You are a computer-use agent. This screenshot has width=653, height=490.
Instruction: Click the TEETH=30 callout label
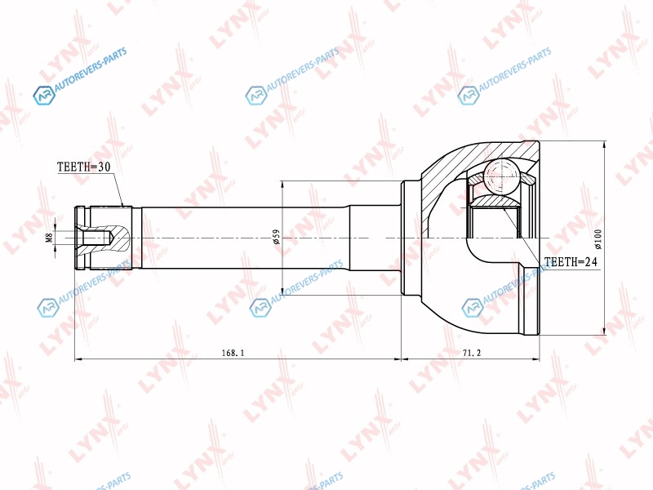click(84, 167)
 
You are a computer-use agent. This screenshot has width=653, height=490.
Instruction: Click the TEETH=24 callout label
click(570, 261)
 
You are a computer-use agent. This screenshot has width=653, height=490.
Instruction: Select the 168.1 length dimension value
click(233, 353)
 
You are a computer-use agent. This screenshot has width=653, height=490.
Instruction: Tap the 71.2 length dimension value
click(472, 353)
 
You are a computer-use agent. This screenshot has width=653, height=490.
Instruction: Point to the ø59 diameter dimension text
click(276, 237)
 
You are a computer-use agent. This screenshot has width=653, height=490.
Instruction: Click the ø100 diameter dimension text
click(598, 238)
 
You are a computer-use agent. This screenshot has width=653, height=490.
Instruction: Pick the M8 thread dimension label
click(49, 238)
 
